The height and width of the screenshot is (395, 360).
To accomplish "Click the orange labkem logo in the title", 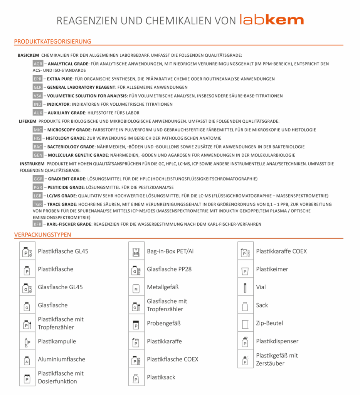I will [x=271, y=20].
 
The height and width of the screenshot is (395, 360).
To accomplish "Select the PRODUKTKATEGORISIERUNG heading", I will [x=52, y=41].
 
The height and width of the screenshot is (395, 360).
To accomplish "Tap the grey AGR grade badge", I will [x=38, y=64].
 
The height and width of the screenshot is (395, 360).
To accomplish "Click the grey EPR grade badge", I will [x=37, y=79].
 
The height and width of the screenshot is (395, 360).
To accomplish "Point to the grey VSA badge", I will [x=38, y=96].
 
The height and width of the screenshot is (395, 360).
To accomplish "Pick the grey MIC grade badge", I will [x=38, y=130].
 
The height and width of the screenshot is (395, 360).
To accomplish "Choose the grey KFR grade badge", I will [x=37, y=224].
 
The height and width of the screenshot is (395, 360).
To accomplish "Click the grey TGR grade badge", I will [x=38, y=204].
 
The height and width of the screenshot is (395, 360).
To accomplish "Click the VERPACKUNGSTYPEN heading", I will [x=42, y=235].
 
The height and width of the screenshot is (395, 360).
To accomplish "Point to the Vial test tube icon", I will [x=245, y=287].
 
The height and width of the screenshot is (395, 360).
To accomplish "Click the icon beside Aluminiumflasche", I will [x=27, y=360].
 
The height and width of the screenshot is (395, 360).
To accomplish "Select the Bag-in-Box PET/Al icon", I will [x=136, y=252].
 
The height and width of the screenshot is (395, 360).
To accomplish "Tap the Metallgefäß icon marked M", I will [x=136, y=288].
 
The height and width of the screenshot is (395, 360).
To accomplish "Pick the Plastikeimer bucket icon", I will [x=245, y=270].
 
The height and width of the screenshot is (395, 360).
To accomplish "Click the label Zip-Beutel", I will [x=269, y=323].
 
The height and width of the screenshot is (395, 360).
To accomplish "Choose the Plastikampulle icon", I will [x=27, y=342].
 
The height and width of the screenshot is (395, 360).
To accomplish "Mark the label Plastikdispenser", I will [x=277, y=341].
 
